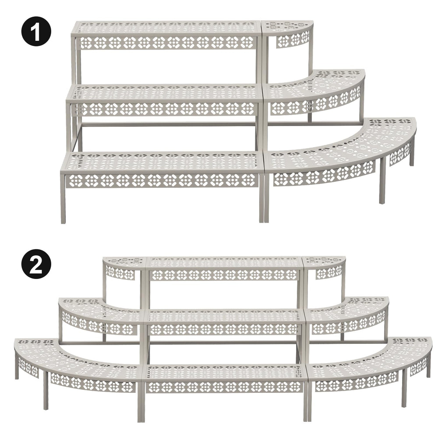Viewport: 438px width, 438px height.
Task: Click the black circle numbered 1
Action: tap(36, 31)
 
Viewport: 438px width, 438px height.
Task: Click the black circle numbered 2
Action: tap(36, 264)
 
